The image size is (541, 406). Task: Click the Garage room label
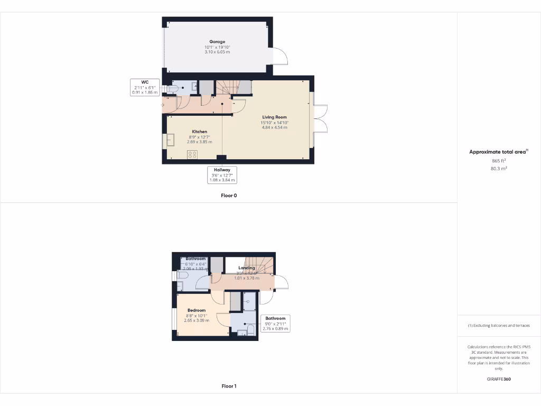coord(217,42)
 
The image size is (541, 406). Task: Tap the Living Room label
coord(274,117)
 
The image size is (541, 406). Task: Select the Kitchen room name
coord(199,132)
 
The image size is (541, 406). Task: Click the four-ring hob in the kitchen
coord(192,154)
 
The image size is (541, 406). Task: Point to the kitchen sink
coord(171,140)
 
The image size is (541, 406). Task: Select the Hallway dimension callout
coord(222,175)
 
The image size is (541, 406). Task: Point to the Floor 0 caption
coord(229,196)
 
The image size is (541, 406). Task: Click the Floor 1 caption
coord(229,386)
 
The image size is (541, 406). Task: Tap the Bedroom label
coord(197,310)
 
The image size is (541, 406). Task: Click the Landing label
coord(247,268)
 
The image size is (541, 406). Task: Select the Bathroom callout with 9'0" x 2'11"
coord(275,324)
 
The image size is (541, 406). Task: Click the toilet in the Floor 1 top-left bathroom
coord(181,276)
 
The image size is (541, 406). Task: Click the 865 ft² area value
coord(499,161)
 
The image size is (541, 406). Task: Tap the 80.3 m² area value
coord(499,169)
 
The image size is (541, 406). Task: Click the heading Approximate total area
coord(498,152)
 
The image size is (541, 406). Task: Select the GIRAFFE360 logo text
coord(499,379)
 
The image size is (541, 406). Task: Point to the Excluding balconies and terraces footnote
coord(499,326)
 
